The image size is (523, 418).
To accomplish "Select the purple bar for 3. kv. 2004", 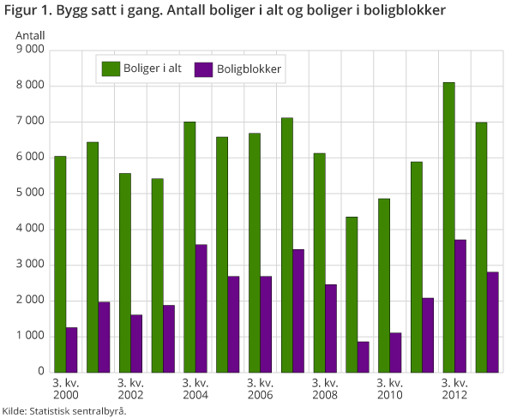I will [x=201, y=308].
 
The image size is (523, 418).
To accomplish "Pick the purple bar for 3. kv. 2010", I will [x=396, y=352].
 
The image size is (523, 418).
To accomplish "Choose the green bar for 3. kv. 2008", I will [x=319, y=262].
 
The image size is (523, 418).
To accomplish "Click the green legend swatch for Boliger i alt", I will [x=111, y=68].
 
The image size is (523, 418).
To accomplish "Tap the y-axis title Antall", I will [x=31, y=36].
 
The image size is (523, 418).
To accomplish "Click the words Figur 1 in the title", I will [x=26, y=11].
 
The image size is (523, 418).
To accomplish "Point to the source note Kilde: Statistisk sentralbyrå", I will [x=64, y=411].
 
